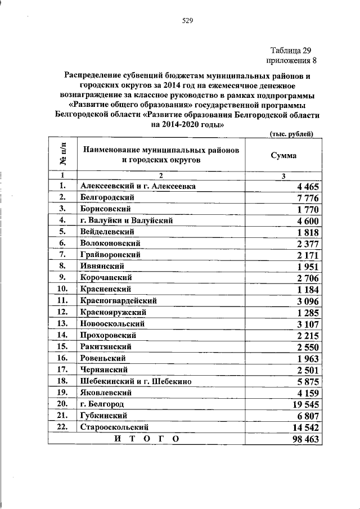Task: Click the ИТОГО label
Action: [146, 439]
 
